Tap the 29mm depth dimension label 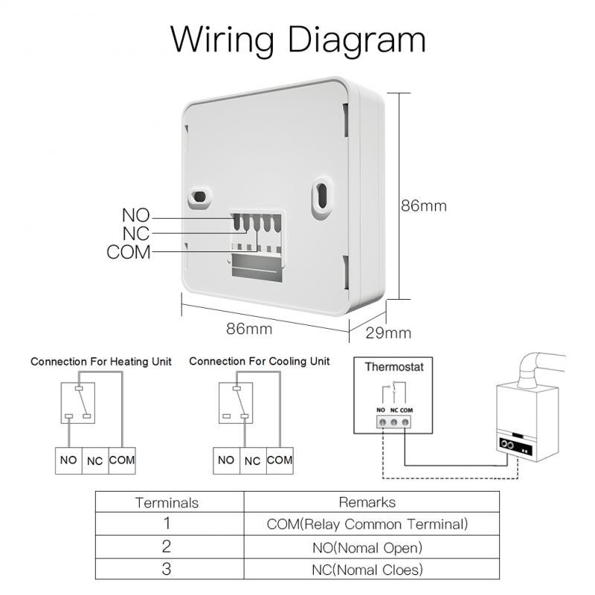tap(388, 332)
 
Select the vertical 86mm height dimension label tap(424, 206)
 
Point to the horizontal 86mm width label tap(249, 328)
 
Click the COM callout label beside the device tap(129, 252)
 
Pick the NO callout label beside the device tap(136, 216)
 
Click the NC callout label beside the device tap(136, 234)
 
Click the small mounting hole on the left tap(200, 196)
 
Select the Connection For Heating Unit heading tap(101, 361)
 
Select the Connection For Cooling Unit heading tap(259, 361)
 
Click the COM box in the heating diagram tap(122, 460)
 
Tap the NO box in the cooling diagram tap(226, 460)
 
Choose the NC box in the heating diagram tap(95, 461)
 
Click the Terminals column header tap(167, 503)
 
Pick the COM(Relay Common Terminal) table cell tap(367, 524)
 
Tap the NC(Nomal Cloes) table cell tap(367, 570)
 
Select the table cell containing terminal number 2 tap(167, 547)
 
